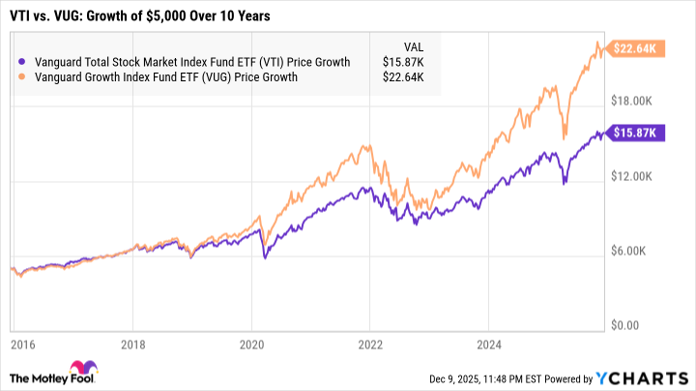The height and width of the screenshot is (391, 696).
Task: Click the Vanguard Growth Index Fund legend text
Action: click(165, 77)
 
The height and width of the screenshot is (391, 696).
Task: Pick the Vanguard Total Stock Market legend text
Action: click(185, 61)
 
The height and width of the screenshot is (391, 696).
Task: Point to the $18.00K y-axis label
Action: click(638, 101)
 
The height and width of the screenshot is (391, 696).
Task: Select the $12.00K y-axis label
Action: click(638, 176)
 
